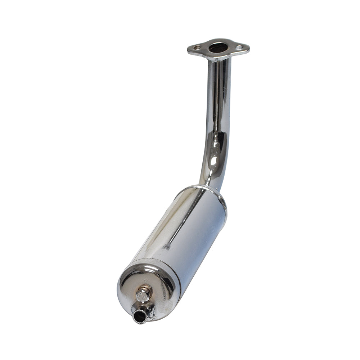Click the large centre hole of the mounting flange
click(x=218, y=48)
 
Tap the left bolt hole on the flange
click(x=197, y=48)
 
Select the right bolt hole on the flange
click(x=239, y=47)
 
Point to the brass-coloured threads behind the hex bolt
click(x=148, y=288)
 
